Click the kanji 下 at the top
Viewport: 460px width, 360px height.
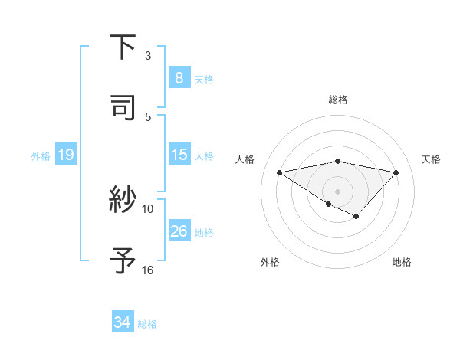123,47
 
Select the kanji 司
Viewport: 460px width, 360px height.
123,108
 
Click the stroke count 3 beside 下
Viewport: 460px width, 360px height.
148,55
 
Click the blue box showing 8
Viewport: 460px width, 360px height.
179,78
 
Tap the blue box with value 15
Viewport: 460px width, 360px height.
179,155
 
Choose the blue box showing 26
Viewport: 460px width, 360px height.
179,231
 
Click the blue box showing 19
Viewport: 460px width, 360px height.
65,155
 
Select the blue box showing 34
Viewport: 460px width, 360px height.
122,323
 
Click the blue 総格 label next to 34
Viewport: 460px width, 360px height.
147,324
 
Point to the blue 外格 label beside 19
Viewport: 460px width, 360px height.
41,155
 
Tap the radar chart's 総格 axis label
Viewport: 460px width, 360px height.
338,100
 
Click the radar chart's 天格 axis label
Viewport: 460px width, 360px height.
431,159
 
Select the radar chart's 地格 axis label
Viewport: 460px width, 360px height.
402,262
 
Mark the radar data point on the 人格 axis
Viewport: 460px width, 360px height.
280,172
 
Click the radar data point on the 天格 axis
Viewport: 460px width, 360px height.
396,172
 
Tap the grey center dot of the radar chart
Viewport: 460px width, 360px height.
338,191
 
